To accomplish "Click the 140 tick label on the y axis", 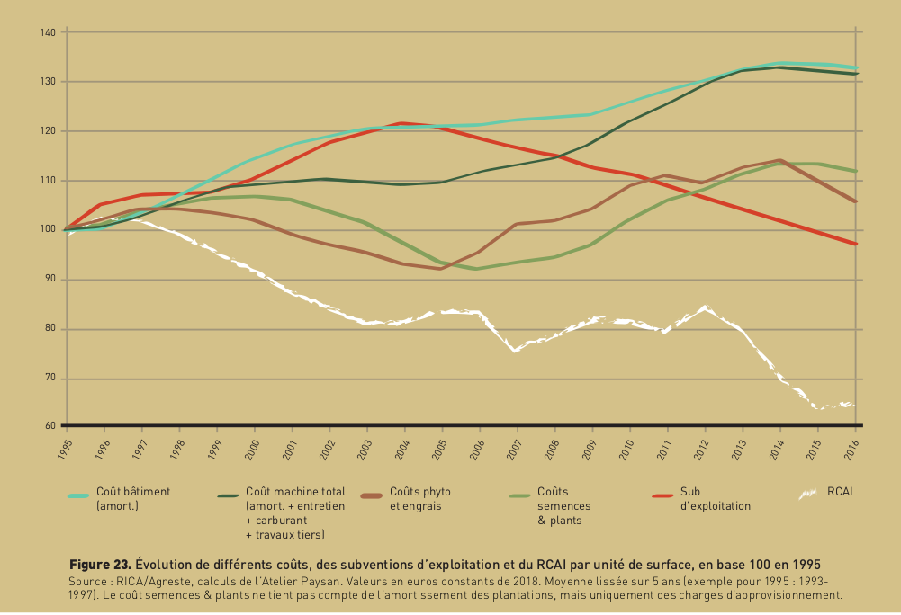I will coord(49,33).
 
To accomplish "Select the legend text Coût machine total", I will coord(295,492).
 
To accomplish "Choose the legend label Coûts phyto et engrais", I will coord(420,499).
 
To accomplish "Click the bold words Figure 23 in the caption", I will coord(101,565).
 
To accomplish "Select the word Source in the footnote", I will coord(86,581).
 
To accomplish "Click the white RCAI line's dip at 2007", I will coord(515,351).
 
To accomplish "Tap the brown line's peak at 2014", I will coord(779,160).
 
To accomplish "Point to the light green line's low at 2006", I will coord(477,269).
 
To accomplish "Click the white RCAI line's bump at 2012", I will coord(705,307).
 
